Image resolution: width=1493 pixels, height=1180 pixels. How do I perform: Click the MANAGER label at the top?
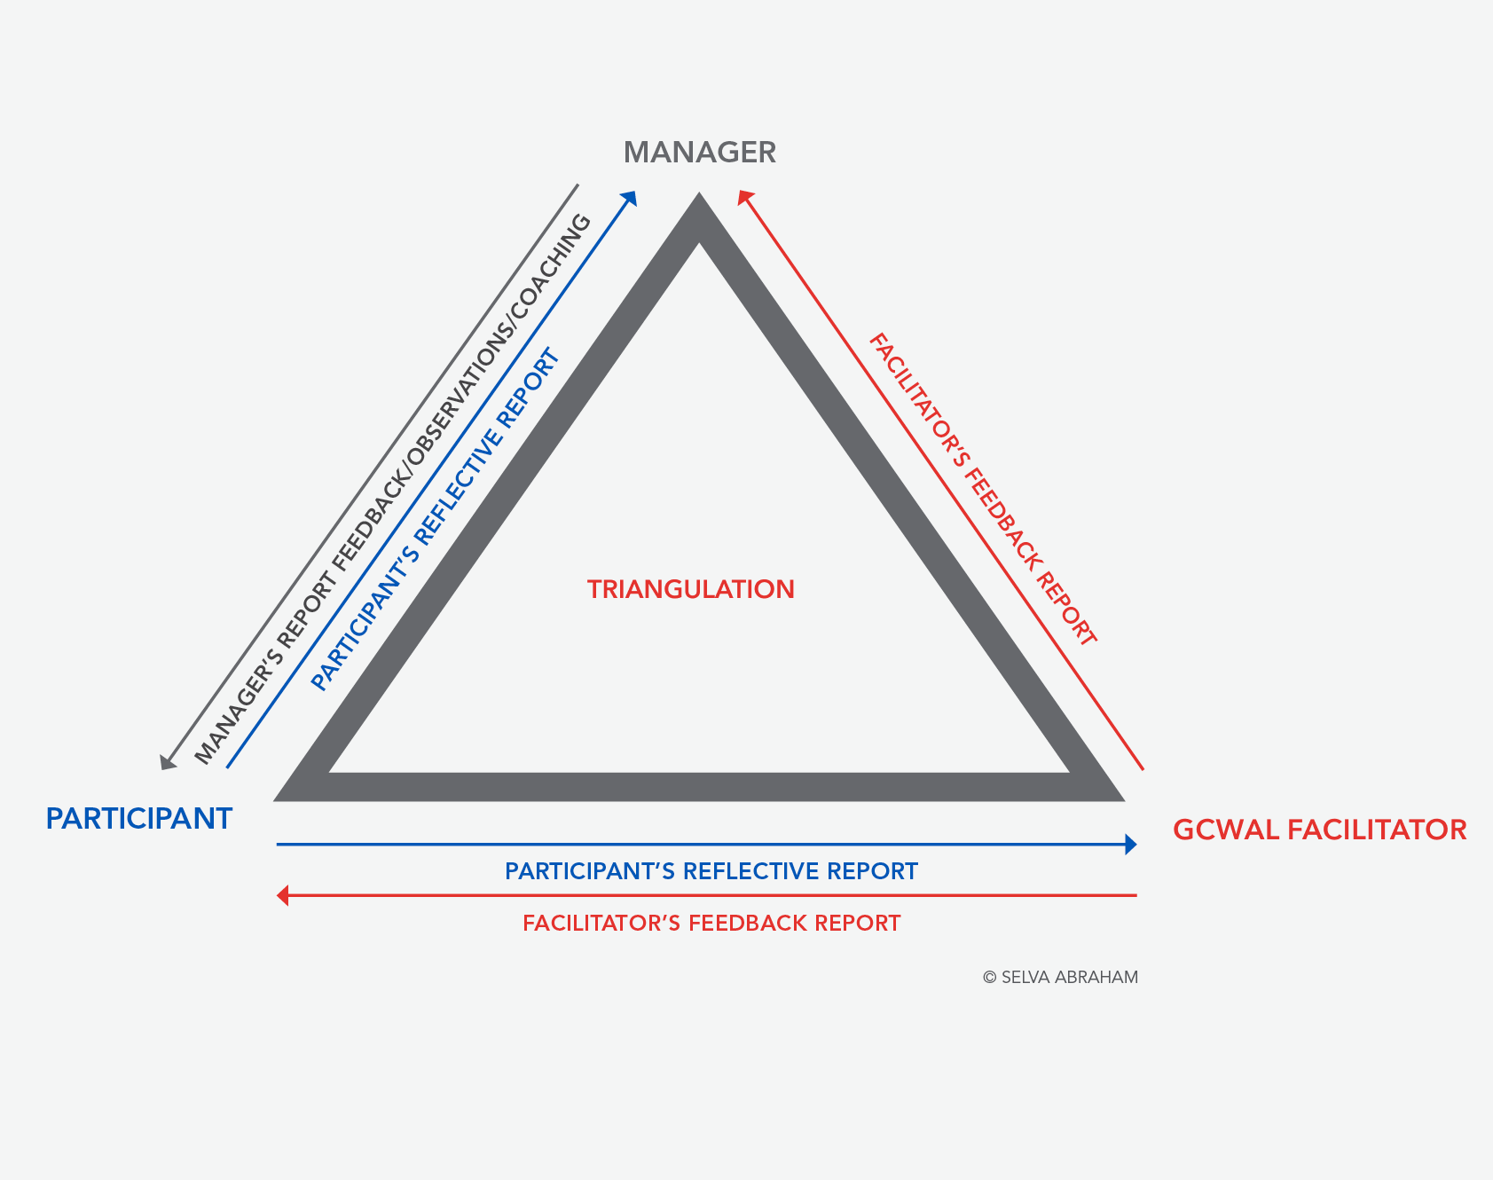click(x=700, y=153)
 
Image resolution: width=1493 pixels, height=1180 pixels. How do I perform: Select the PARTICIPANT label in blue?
click(x=139, y=818)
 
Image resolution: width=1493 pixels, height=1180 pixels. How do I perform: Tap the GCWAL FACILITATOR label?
click(x=1320, y=830)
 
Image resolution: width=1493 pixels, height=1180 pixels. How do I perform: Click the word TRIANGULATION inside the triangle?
click(x=691, y=589)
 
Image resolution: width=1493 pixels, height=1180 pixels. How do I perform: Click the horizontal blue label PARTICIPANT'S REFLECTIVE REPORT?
click(x=711, y=871)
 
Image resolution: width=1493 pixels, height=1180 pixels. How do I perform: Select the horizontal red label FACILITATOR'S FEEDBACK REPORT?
click(x=711, y=923)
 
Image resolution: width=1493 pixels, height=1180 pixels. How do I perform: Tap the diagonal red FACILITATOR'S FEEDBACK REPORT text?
click(x=983, y=489)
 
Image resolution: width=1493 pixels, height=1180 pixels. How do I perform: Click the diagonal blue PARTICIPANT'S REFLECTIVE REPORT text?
click(x=436, y=521)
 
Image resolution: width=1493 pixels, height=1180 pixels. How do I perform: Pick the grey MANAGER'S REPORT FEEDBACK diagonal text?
click(x=393, y=489)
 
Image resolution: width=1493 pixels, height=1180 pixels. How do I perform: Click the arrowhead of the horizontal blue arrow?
click(x=1130, y=845)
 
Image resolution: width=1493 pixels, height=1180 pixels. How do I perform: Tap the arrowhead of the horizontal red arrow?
click(x=283, y=895)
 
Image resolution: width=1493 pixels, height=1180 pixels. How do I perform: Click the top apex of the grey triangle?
click(x=699, y=195)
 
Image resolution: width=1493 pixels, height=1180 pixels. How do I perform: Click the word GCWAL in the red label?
click(x=1226, y=830)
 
